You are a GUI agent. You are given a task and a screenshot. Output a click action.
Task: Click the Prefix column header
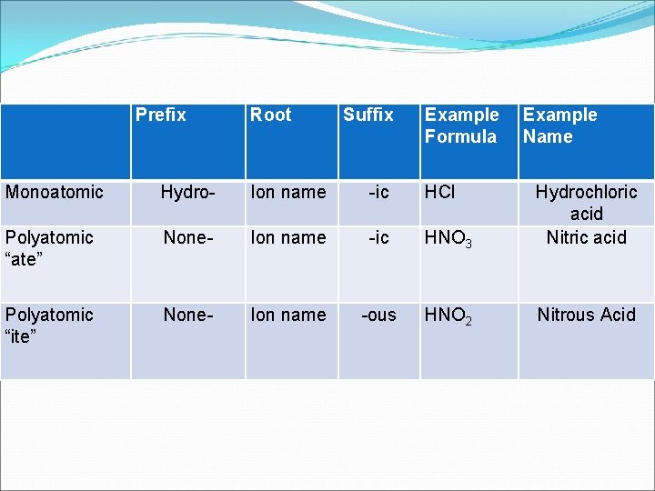[161, 115]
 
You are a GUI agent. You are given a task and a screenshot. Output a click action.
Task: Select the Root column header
[270, 115]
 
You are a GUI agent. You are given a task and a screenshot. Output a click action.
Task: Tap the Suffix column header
[368, 115]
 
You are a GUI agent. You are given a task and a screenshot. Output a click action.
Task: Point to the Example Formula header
[462, 125]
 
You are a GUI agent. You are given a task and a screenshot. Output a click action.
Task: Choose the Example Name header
[559, 125]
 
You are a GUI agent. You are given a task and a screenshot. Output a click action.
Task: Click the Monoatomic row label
[55, 192]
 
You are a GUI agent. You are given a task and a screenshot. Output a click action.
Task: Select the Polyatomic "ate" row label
[49, 248]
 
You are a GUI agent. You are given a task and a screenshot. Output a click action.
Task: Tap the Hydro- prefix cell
[188, 192]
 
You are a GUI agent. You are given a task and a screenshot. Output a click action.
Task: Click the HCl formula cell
[440, 192]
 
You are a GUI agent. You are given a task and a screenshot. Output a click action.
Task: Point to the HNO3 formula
[448, 239]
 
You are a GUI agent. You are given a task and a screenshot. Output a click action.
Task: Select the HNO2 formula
[448, 316]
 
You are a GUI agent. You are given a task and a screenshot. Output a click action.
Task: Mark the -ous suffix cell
[378, 315]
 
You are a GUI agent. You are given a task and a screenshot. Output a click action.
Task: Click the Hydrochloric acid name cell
[586, 202]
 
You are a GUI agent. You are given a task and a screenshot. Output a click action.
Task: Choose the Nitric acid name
[586, 237]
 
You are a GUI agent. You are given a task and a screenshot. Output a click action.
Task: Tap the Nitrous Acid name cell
[586, 315]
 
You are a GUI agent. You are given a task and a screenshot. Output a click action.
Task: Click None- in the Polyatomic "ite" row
[188, 315]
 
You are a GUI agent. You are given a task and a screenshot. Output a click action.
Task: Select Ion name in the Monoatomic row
[287, 192]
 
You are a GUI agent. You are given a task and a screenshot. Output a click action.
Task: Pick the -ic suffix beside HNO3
[378, 237]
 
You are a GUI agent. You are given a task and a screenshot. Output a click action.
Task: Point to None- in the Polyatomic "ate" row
[188, 237]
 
